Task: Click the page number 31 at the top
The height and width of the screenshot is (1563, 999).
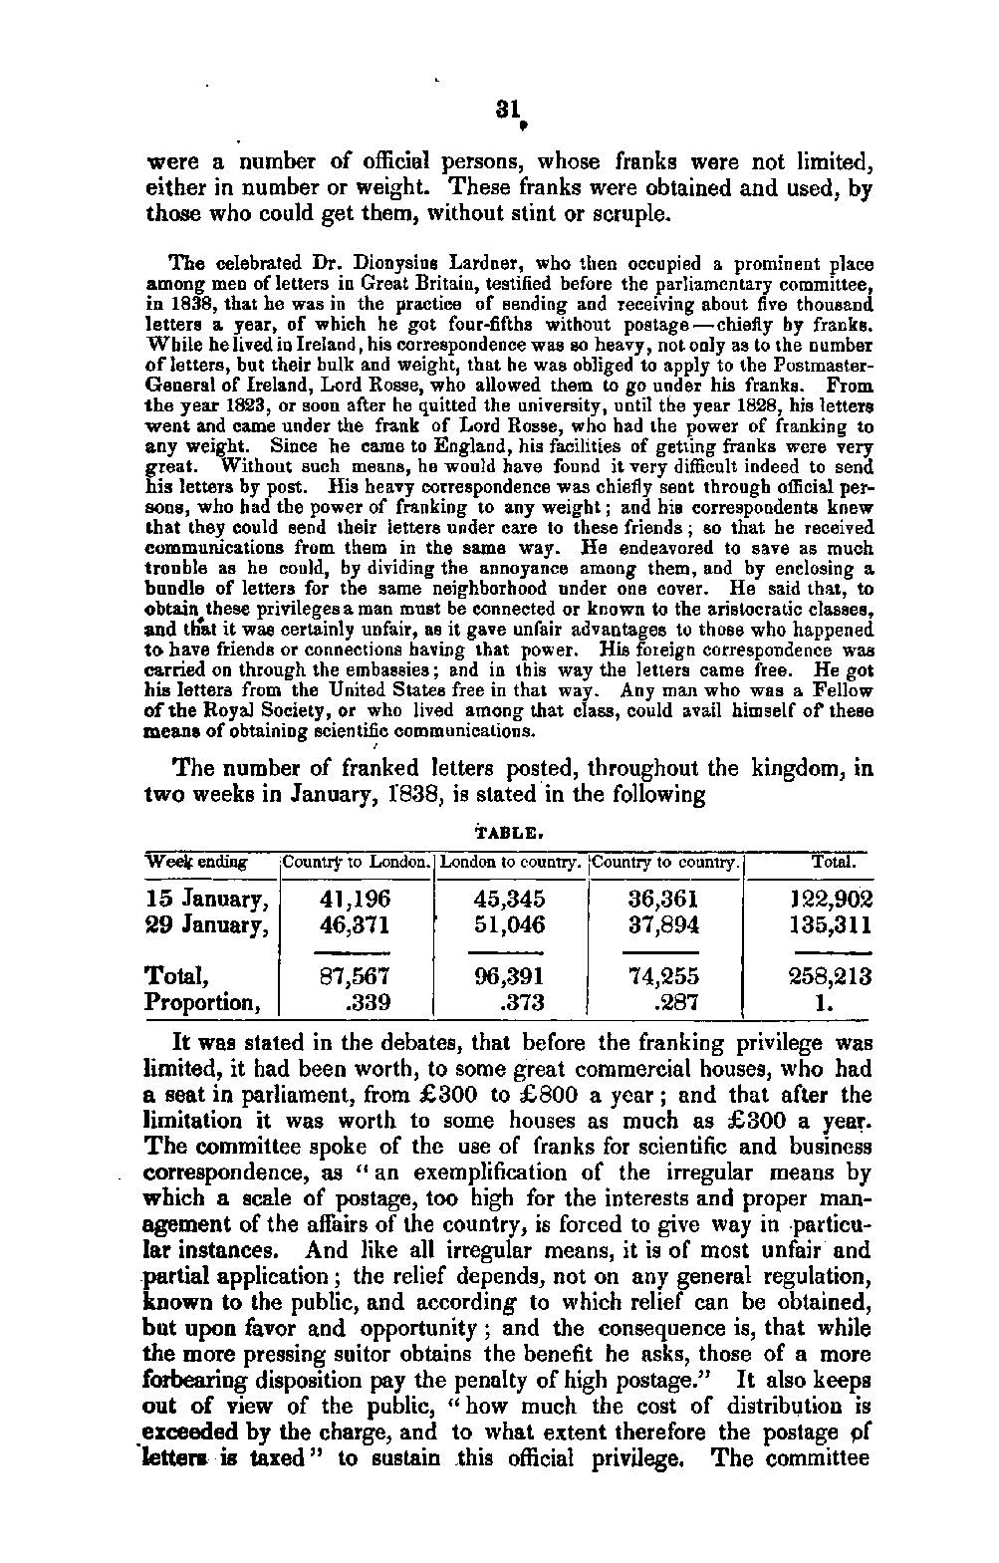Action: click(511, 110)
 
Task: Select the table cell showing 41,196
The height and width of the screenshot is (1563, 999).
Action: click(356, 900)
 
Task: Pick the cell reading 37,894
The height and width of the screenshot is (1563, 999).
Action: click(664, 924)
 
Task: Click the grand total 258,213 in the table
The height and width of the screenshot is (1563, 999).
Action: click(830, 976)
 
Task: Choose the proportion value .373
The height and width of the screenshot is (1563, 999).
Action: click(521, 1002)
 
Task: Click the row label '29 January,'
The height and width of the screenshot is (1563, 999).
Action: click(206, 925)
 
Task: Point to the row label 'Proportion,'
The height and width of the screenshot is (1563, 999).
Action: click(202, 1002)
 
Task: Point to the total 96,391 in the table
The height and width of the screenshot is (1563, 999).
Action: click(509, 976)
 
